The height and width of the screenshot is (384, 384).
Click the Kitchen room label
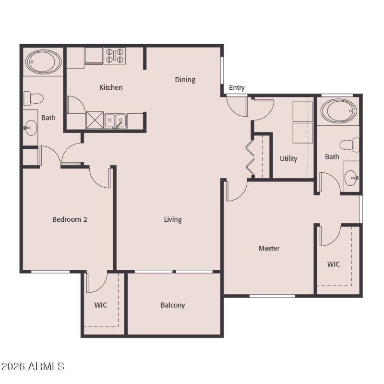click(111, 87)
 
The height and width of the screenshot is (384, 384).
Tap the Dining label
click(185, 80)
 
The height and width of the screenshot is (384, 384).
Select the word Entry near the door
click(237, 87)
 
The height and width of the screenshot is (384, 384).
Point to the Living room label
click(173, 219)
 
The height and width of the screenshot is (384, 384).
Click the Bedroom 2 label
click(70, 219)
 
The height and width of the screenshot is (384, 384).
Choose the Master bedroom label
click(269, 248)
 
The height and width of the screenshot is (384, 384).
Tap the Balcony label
click(173, 305)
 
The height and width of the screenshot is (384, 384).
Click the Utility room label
click(288, 158)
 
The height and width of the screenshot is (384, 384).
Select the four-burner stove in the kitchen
click(115, 56)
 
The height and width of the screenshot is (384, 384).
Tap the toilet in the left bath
click(34, 99)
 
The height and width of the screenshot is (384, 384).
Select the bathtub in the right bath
click(339, 111)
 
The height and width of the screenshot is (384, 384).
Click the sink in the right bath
click(351, 178)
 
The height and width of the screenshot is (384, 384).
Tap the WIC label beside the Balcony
click(100, 305)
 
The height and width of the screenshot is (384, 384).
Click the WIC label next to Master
click(334, 264)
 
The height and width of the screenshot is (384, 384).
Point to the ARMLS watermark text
click(33, 367)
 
